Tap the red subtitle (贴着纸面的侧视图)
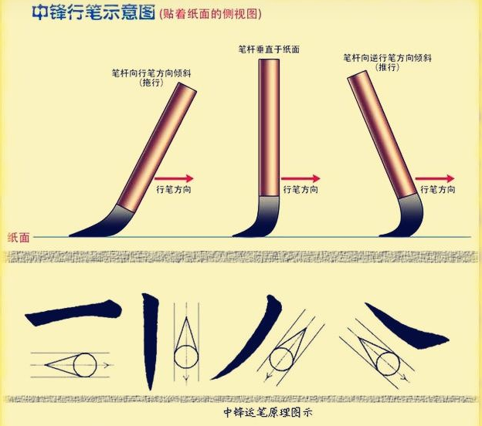click(207, 14)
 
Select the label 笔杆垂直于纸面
click(268, 49)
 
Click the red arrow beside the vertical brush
click(298, 176)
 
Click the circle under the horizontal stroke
click(84, 362)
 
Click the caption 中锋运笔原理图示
click(266, 413)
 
